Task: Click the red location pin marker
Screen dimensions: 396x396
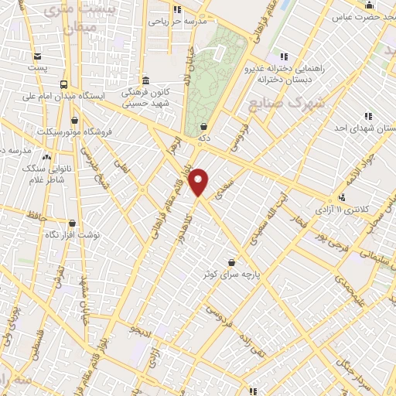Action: tap(200, 181)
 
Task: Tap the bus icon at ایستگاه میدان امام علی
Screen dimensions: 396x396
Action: tap(63, 84)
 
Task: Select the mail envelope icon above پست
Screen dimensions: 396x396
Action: tap(36, 56)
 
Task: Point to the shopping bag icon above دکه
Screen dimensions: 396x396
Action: tap(203, 126)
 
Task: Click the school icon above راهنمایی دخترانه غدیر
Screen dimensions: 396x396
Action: tap(284, 56)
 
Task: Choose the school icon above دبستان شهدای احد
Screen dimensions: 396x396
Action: tap(368, 116)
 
